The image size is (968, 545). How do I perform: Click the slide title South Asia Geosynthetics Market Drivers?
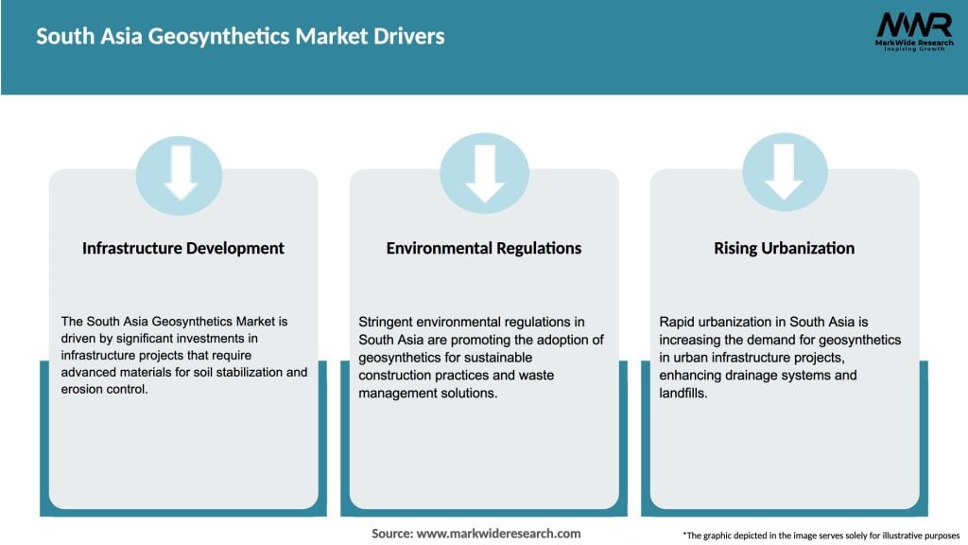click(240, 37)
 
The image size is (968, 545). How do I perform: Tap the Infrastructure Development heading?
click(183, 249)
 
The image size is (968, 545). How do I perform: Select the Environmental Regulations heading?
click(484, 249)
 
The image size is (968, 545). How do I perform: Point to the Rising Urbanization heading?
click(784, 249)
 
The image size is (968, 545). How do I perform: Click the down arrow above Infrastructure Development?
click(180, 173)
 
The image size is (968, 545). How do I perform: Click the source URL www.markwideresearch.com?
click(498, 534)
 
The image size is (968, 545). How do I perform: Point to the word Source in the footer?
click(392, 534)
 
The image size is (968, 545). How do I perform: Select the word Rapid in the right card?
click(677, 323)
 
